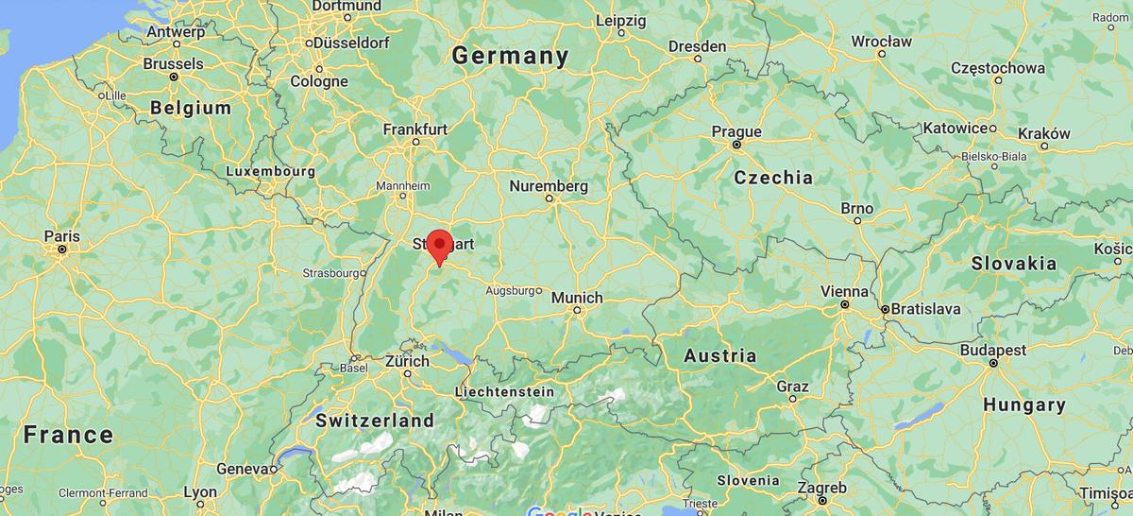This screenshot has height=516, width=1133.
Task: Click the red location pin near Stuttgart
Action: [439, 245]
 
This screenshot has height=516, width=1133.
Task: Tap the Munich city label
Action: [576, 298]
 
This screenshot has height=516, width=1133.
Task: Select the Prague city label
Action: [736, 131]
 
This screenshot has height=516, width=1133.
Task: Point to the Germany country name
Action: [510, 56]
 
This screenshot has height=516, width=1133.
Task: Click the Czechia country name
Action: [773, 178]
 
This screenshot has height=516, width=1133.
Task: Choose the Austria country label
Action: [719, 356]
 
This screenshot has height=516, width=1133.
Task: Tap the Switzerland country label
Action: [375, 421]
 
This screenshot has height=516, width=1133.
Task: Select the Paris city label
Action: [61, 236]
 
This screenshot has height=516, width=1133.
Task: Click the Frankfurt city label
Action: [415, 129]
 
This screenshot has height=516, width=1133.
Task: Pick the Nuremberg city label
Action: [549, 187]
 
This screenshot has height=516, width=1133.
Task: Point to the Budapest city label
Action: [993, 351]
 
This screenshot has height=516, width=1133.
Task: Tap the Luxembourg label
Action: [270, 171]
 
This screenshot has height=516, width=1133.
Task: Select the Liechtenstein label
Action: [504, 391]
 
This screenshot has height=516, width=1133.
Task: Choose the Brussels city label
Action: [173, 64]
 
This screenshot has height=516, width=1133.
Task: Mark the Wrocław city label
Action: [881, 42]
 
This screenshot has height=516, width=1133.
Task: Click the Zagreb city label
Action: [821, 487]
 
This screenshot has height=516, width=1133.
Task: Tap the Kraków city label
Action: [1044, 134]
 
